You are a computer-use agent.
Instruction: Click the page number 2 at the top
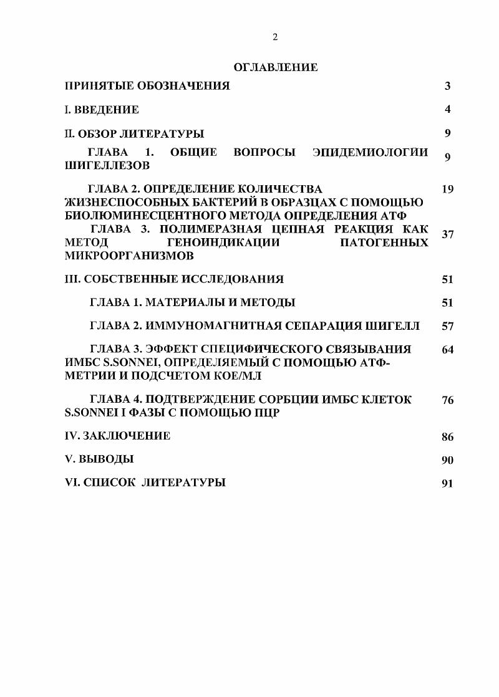275,37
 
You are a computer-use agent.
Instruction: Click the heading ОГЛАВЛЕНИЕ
275,67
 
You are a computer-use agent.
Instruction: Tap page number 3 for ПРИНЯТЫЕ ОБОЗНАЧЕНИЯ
447,86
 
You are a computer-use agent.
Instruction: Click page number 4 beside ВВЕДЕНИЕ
447,110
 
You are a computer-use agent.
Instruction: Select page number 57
447,326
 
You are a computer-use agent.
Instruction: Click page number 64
447,350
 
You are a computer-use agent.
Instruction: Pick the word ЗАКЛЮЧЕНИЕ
126,436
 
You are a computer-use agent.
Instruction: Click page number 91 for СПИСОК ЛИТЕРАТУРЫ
447,483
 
